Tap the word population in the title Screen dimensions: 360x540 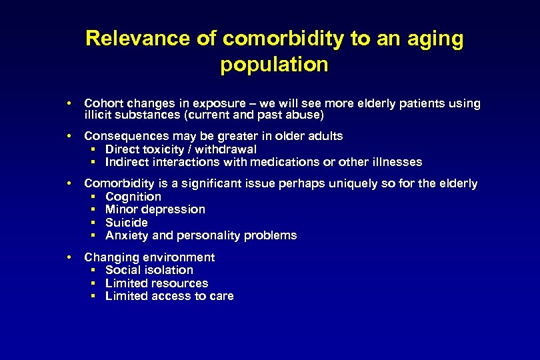pos(274,65)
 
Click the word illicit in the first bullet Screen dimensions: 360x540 pos(97,115)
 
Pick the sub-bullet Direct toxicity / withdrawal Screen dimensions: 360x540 pos(181,149)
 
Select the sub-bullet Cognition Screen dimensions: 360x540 pos(133,197)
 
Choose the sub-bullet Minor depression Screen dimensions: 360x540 pos(155,209)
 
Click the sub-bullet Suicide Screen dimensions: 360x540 pos(127,223)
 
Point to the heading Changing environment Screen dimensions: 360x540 pos(149,257)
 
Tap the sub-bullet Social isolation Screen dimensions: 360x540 pos(149,270)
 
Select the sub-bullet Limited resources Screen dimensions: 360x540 pos(157,283)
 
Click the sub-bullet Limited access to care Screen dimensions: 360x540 pos(169,296)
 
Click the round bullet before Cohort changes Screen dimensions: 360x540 pos(69,103)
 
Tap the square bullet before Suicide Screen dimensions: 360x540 pos(93,223)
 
